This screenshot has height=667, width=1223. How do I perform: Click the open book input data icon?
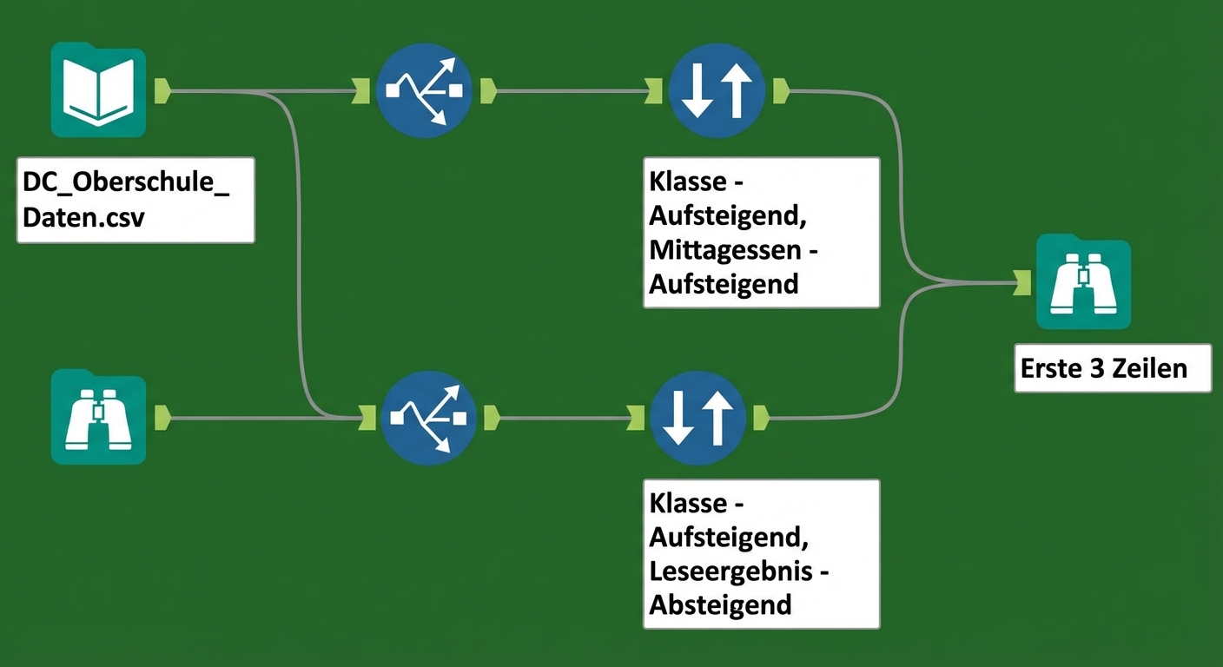[x=98, y=90]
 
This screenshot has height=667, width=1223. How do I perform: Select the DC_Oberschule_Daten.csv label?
[x=136, y=200]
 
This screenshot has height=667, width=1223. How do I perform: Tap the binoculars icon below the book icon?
[x=98, y=417]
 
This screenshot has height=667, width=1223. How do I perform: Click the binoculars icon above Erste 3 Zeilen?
[x=1083, y=283]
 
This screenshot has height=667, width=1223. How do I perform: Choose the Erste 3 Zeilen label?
[x=1103, y=368]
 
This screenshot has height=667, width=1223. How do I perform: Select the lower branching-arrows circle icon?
[x=428, y=418]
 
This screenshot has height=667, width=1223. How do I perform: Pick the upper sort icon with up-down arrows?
[x=716, y=89]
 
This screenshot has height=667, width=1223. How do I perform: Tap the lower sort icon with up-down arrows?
[x=697, y=418]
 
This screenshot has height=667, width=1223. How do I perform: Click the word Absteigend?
[x=720, y=604]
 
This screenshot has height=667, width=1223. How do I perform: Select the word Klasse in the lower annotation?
[x=689, y=504]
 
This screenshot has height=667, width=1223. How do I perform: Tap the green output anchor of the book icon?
[x=162, y=90]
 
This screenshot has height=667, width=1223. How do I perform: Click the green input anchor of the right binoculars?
[x=1022, y=282]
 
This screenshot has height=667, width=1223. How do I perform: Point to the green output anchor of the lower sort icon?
[x=761, y=418]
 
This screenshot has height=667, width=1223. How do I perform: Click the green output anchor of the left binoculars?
[x=162, y=417]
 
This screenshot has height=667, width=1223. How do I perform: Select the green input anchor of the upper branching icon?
[x=361, y=89]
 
